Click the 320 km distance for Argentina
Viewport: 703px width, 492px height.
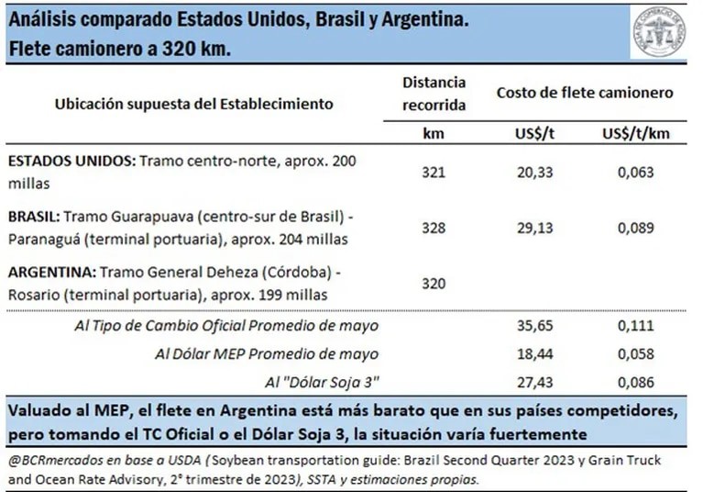coord(434,284)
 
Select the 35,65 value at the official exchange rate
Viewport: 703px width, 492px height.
coord(535,326)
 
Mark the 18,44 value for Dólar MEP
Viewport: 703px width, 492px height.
coord(535,353)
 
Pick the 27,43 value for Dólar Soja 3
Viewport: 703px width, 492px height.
coord(535,380)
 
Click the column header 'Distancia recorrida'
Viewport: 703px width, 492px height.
coord(434,94)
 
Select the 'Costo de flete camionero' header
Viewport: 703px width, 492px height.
coord(585,93)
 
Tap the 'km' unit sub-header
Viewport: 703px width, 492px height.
coord(434,133)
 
